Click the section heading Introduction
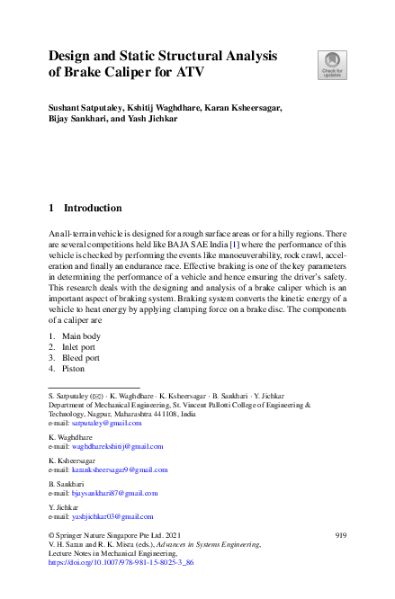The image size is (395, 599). (93, 208)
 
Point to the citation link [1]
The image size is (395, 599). (234, 244)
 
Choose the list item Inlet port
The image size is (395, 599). (79, 346)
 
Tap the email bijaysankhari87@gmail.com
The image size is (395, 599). (114, 493)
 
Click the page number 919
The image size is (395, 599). (340, 534)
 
